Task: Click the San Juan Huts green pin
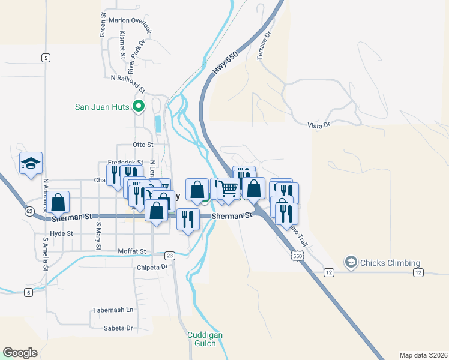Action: click(139, 107)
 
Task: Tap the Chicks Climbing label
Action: click(390, 262)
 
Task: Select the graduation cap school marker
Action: click(31, 163)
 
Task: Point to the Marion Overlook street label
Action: click(127, 20)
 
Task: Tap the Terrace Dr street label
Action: click(264, 45)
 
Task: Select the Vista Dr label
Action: click(318, 125)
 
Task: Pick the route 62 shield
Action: click(29, 211)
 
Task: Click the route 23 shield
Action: click(170, 255)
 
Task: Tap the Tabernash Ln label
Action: click(113, 310)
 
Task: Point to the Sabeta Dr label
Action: click(118, 328)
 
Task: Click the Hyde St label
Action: click(61, 233)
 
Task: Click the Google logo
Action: click(20, 353)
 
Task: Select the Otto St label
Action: click(143, 145)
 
